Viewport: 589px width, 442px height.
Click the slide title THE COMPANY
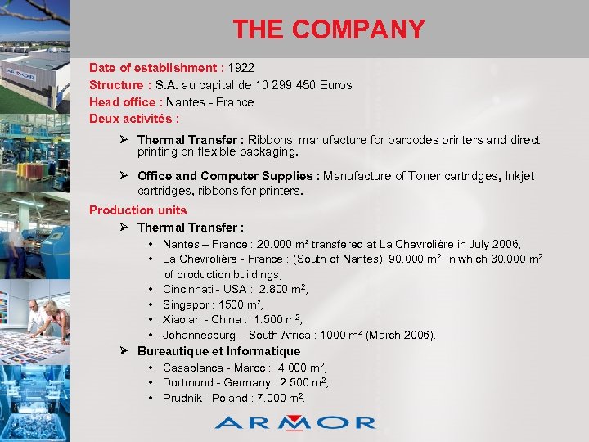pyautogui.click(x=329, y=29)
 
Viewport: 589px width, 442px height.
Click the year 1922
pyautogui.click(x=241, y=67)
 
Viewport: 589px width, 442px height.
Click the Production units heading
pyautogui.click(x=137, y=210)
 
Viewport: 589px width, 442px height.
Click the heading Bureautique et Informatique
pyautogui.click(x=218, y=351)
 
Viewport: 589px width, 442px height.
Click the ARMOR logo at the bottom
pyautogui.click(x=294, y=422)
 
